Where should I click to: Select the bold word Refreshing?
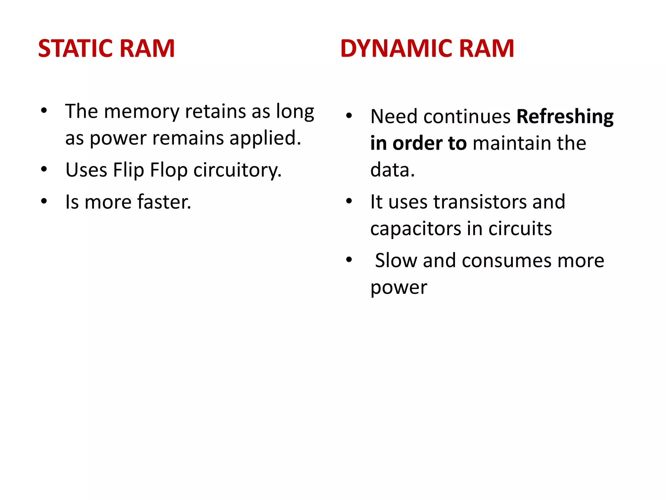coord(565,117)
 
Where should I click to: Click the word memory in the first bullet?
coord(141,112)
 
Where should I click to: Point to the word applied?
coord(265,138)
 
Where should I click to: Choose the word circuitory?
coord(237,170)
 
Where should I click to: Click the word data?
coord(392,170)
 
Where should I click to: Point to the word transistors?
coord(480,202)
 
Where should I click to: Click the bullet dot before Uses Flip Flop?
coord(44,169)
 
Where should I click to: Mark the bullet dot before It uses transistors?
coord(349,201)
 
